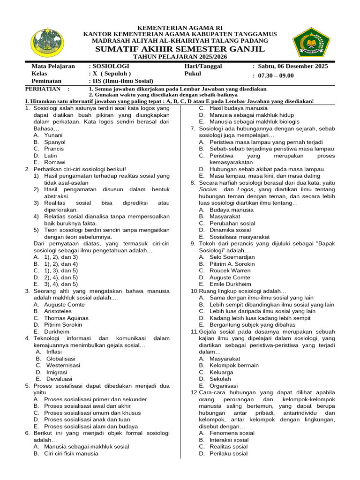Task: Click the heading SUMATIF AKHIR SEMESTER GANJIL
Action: click(180, 49)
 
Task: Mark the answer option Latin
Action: click(51, 155)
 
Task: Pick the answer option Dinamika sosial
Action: click(230, 230)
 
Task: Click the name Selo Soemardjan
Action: click(232, 257)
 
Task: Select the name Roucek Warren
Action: click(230, 270)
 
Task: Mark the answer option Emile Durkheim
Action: click(230, 284)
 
